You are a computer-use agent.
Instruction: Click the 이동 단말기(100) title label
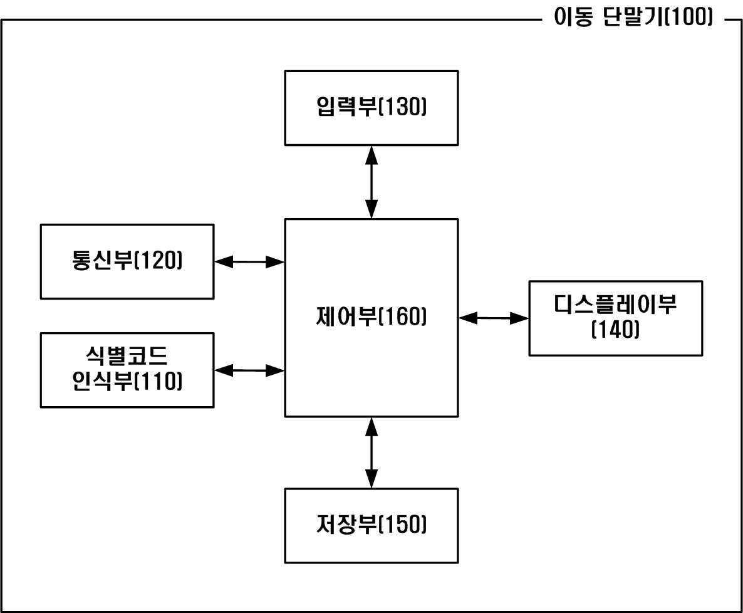click(x=633, y=18)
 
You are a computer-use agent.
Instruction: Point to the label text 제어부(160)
click(x=371, y=317)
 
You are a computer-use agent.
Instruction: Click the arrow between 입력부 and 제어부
click(x=371, y=182)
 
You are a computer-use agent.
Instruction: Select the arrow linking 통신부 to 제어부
click(x=249, y=262)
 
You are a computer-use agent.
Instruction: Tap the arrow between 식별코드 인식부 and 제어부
click(x=249, y=370)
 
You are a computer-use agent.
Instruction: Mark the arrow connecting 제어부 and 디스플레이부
click(x=494, y=318)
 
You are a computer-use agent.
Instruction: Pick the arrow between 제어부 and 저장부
click(x=371, y=453)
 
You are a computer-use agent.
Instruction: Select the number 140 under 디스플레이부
click(x=616, y=329)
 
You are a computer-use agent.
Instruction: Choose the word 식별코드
click(x=127, y=355)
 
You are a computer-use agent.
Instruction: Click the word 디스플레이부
click(x=615, y=305)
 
